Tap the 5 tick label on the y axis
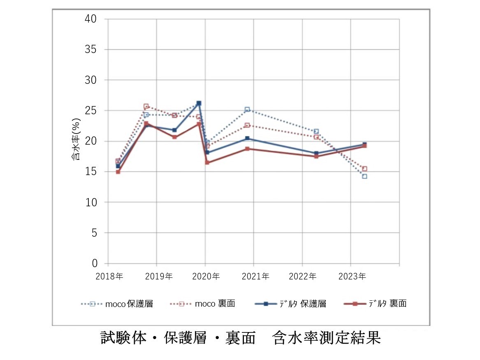pos(94,233)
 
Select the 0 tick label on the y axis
pos(94,263)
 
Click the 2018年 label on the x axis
pos(109,277)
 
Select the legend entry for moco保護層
pos(117,304)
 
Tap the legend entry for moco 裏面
pos(202,304)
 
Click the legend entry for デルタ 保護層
pos(290,304)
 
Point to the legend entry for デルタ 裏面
pos(375,304)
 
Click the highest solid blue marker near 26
pos(199,103)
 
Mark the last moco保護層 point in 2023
pos(364,176)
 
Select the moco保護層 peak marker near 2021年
pos(247,110)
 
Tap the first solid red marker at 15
pos(118,172)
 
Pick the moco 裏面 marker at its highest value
pos(146,106)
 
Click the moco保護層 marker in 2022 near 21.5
pos(316,132)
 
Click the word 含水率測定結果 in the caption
pos(326,338)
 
